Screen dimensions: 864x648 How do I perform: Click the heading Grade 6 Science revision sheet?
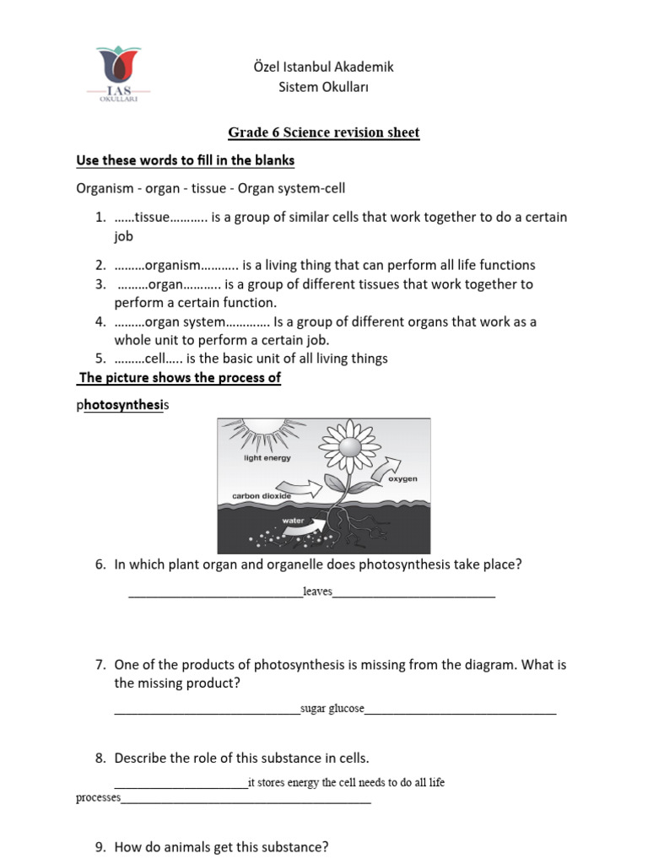click(x=323, y=132)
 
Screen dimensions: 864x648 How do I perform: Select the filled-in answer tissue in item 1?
click(x=153, y=218)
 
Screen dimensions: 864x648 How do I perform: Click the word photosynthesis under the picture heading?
click(x=122, y=406)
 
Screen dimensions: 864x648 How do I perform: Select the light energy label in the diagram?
click(x=267, y=458)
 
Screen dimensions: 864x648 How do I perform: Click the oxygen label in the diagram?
click(x=402, y=479)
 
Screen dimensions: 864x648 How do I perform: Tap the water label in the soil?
click(x=293, y=521)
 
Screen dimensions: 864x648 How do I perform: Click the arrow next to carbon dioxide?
click(x=305, y=488)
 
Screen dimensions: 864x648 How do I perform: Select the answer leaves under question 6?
click(x=317, y=592)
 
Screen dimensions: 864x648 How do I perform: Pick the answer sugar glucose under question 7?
click(x=332, y=709)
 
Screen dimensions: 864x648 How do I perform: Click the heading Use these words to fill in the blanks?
click(x=185, y=160)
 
